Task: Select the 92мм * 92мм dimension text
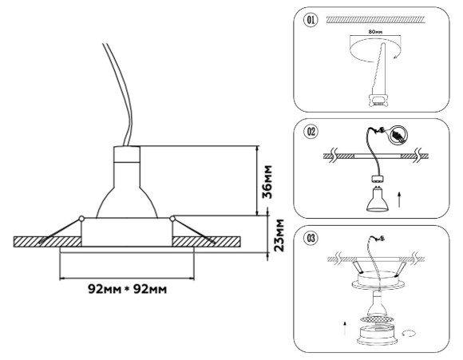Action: [x=127, y=287]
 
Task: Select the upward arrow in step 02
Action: [x=399, y=195]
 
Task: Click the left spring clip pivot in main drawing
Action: [x=81, y=218]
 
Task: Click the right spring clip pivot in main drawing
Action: [x=172, y=218]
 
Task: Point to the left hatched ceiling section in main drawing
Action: [x=40, y=241]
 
